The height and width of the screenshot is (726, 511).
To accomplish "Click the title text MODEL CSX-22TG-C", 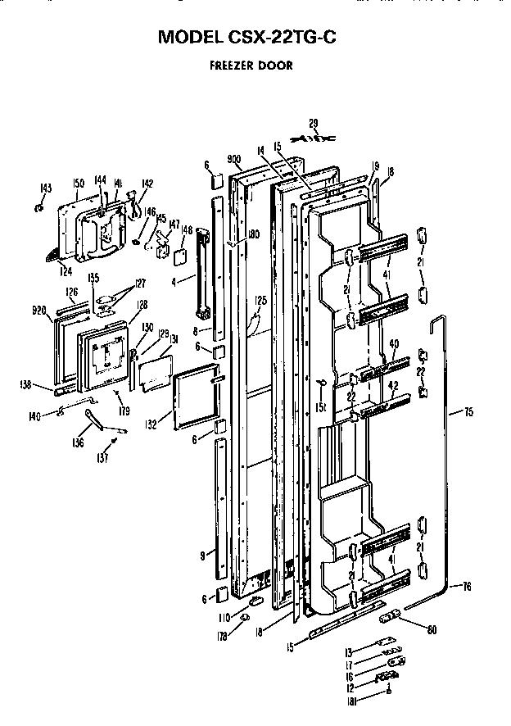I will (255, 37).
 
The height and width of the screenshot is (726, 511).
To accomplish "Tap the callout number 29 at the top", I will (313, 123).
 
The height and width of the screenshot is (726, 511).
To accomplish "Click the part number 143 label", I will (46, 188).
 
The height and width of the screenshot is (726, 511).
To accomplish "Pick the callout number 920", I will (38, 312).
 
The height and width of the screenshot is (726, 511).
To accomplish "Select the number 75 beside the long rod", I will (468, 412).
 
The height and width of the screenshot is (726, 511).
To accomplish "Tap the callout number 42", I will (395, 384).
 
